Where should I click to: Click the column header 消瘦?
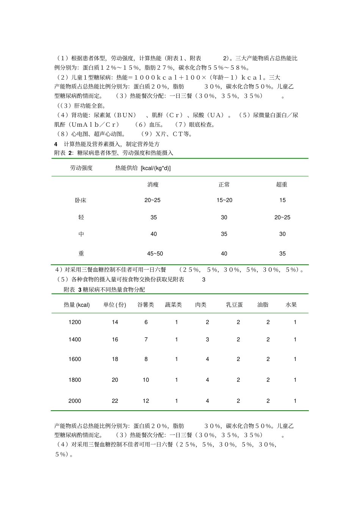(153, 185)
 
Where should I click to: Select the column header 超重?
(282, 185)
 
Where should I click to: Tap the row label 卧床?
(81, 200)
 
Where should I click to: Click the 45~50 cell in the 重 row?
(155, 254)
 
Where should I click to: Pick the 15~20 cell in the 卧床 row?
(224, 200)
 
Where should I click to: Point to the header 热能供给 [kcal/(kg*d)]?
(143, 168)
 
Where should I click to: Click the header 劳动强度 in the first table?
(81, 168)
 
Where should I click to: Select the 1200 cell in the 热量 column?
(75, 322)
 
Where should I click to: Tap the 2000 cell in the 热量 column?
(75, 401)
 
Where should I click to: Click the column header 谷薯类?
(146, 305)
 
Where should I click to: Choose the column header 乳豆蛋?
(234, 305)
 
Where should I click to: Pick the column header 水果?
(291, 305)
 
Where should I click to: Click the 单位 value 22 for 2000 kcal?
(115, 401)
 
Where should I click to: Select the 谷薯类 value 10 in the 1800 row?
(146, 380)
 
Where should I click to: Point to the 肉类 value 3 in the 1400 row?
(207, 340)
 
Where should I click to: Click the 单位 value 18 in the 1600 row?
(115, 359)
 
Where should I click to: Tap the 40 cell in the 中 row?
(153, 234)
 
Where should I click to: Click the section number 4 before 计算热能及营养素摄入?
(56, 144)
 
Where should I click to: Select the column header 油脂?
(263, 305)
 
